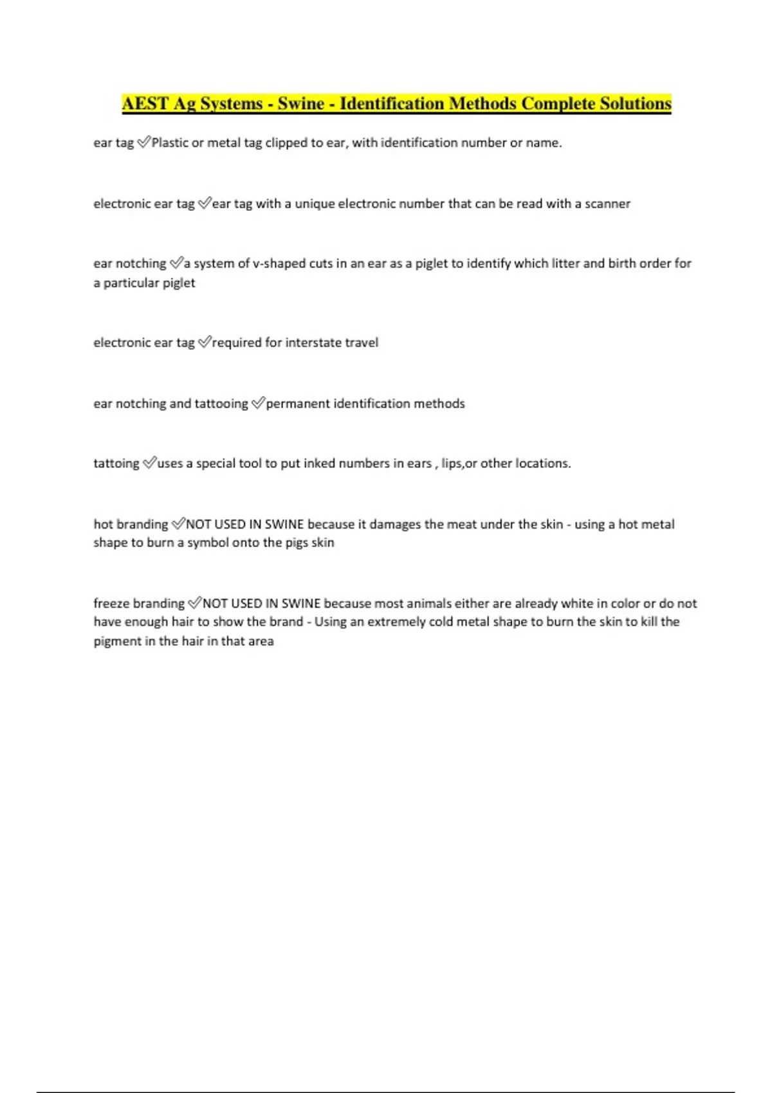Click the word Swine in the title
click(300, 104)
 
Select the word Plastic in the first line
click(169, 143)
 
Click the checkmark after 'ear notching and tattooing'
click(257, 403)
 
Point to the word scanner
click(607, 204)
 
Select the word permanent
click(297, 404)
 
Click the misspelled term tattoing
click(116, 464)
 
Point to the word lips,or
click(459, 464)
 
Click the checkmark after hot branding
click(178, 524)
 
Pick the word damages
click(395, 524)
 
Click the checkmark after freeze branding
click(194, 603)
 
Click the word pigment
click(117, 641)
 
